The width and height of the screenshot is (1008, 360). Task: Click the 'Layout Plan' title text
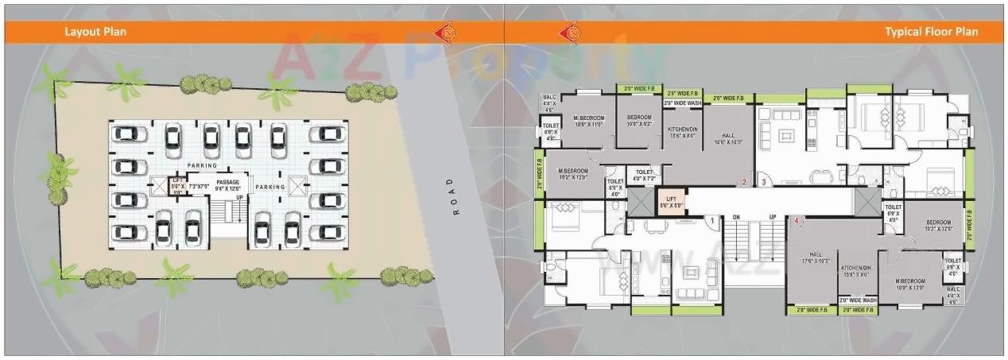95,32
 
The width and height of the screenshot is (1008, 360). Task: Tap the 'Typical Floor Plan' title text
931,32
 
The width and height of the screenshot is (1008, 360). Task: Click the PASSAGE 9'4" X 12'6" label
227,185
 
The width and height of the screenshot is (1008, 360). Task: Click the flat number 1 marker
713,219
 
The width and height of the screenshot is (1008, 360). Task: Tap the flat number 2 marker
743,182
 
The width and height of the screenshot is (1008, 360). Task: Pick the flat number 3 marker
762,182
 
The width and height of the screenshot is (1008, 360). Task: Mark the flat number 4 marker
796,219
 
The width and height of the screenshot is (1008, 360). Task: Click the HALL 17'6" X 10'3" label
816,257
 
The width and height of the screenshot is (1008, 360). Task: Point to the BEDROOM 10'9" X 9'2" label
639,121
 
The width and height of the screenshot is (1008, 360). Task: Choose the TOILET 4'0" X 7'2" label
643,174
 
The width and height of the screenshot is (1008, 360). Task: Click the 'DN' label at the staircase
736,217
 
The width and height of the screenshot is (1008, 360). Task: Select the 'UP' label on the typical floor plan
772,217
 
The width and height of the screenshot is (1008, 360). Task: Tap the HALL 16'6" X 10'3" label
728,138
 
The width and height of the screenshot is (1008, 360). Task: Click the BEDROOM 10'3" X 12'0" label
938,226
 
